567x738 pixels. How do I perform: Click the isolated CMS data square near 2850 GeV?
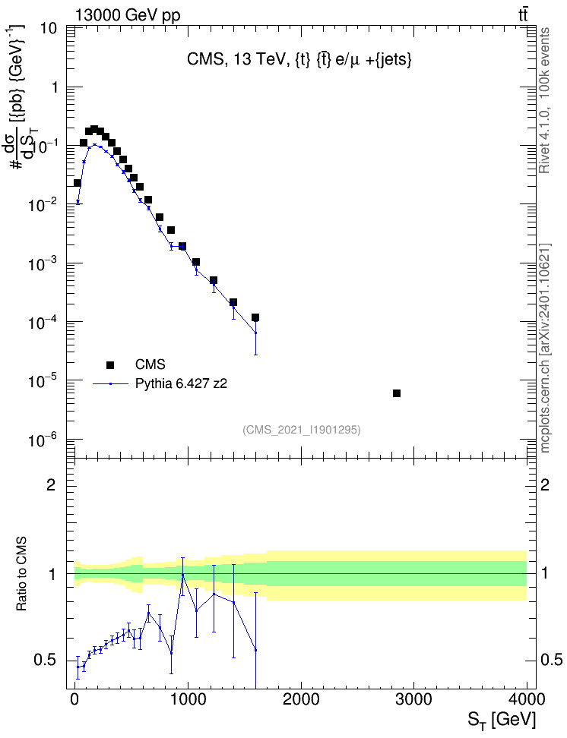point(397,393)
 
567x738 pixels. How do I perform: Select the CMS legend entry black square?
point(110,364)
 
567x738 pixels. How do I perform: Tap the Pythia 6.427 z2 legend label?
point(181,383)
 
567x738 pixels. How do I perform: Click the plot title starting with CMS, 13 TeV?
point(299,59)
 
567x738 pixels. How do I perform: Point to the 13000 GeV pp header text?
point(127,15)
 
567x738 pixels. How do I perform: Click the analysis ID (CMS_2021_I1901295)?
point(302,429)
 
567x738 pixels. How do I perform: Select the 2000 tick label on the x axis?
point(301,699)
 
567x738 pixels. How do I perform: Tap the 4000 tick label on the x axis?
point(527,699)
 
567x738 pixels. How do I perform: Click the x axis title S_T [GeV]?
point(502,720)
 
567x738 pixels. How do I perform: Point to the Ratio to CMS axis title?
point(21,573)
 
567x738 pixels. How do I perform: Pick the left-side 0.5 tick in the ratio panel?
point(46,661)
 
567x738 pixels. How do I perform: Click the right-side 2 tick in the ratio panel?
point(545,484)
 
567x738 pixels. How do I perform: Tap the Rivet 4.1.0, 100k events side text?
point(544,100)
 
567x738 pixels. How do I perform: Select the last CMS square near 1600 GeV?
point(255,317)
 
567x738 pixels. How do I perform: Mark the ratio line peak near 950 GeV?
point(183,575)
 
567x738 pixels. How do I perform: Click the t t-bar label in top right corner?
point(523,15)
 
